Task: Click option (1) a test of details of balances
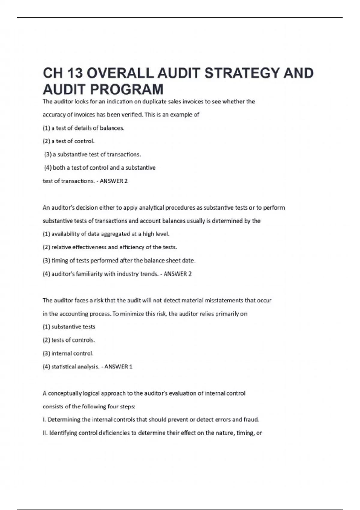[83, 128]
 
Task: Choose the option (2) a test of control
[69, 141]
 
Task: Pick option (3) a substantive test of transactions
[92, 154]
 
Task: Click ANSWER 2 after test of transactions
[114, 181]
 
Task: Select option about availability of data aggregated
[106, 234]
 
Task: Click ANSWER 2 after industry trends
[178, 274]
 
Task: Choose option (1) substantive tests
[69, 327]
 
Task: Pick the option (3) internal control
[68, 353]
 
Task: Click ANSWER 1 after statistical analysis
[118, 367]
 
